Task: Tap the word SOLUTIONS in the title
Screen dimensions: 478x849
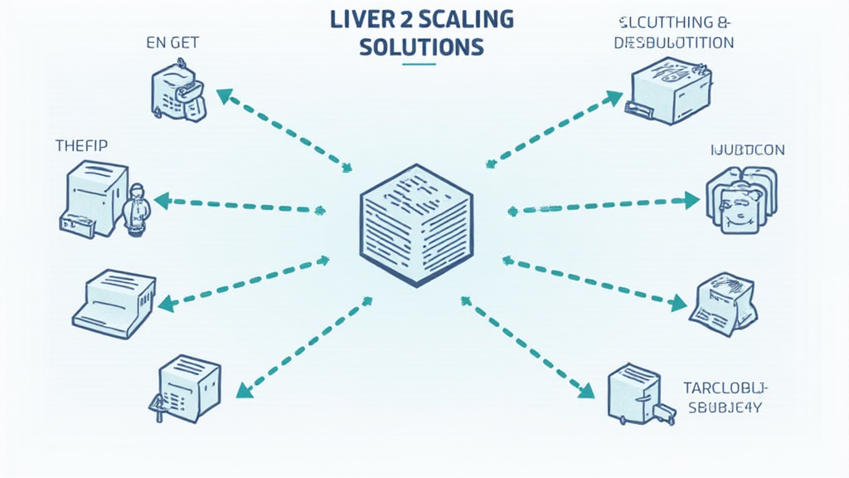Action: (421, 46)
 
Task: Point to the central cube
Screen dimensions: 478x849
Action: (416, 224)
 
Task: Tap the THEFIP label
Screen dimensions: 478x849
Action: (81, 145)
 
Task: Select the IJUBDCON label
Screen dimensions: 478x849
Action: (748, 150)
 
